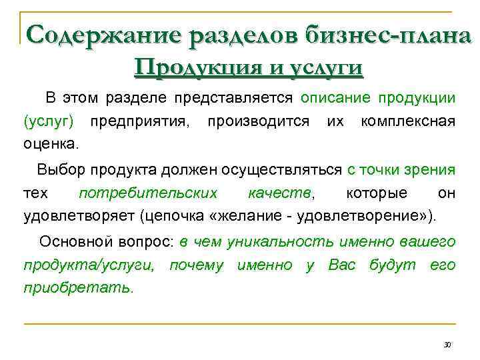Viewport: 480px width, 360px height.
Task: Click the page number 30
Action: pos(447,345)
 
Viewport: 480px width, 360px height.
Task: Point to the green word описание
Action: pos(336,98)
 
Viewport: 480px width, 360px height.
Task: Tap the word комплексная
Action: pos(408,121)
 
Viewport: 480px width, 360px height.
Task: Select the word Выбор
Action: pos(59,170)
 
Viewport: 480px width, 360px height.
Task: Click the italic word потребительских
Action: pos(148,193)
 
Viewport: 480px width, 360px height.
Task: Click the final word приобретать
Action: pos(79,289)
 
